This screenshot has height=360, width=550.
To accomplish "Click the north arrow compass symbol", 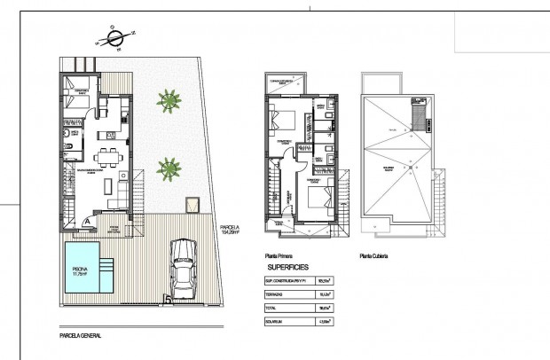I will pyautogui.click(x=114, y=37).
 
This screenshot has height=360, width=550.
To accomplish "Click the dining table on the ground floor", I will pyautogui.click(x=109, y=160).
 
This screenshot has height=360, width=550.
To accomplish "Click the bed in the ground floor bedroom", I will pyautogui.click(x=77, y=95).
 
